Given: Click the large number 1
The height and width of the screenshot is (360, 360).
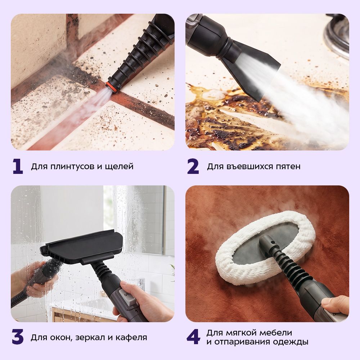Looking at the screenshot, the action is tap(18, 166).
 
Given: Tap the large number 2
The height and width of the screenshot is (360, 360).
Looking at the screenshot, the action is tap(193, 166).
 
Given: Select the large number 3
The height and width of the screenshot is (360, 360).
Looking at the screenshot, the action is tap(18, 337).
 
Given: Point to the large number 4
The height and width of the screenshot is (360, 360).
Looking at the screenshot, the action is tap(193, 337).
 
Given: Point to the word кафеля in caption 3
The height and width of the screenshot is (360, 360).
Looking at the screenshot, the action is tap(131, 338).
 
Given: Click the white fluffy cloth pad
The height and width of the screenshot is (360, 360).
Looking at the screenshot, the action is tap(264, 248).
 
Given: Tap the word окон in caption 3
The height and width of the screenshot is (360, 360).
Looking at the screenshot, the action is tap(60, 338).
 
